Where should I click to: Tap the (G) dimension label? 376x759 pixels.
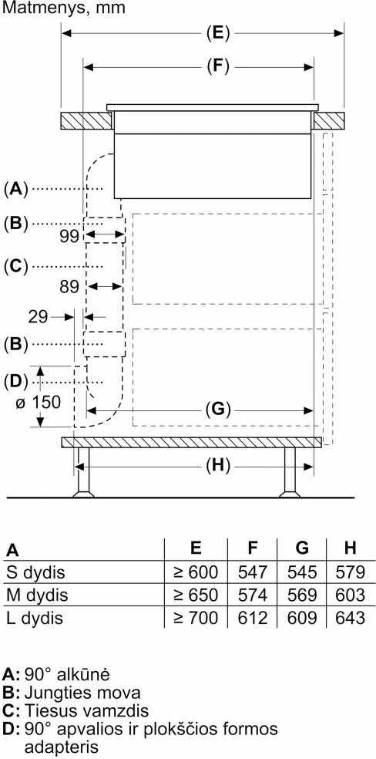pos(219,410)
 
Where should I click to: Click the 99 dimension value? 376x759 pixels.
pos(70,236)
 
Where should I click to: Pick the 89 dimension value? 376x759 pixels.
pos(69,287)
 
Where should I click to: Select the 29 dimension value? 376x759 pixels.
pos(39,317)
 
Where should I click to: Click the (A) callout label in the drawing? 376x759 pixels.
pos(16,189)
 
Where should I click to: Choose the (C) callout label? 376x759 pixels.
pos(17,267)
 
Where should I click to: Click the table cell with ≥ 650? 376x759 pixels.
pos(196,595)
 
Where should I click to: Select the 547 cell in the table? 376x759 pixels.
pos(252,572)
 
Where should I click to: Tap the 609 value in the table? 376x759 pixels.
pos(302,618)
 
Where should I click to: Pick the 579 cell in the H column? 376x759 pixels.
pos(351,572)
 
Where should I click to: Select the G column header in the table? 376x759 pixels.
pos(302,548)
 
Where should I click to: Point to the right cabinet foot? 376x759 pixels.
pos(290,472)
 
